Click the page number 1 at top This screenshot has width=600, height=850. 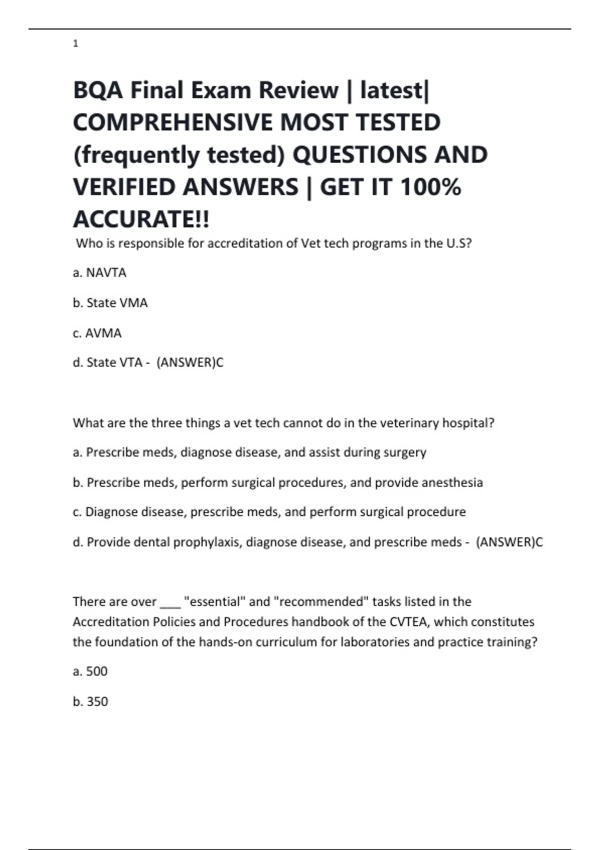tap(75, 44)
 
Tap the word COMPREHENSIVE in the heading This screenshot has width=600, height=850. tap(172, 122)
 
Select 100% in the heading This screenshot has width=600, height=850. tap(430, 187)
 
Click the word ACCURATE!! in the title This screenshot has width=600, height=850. tap(141, 219)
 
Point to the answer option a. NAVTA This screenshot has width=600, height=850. tap(99, 273)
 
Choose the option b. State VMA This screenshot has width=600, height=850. tap(110, 303)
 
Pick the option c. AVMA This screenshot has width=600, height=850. tap(97, 333)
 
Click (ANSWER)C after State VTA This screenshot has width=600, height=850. tap(190, 362)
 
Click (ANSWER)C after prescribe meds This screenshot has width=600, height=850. tap(509, 542)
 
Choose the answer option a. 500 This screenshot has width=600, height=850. tap(90, 671)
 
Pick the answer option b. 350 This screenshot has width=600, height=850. tap(90, 701)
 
